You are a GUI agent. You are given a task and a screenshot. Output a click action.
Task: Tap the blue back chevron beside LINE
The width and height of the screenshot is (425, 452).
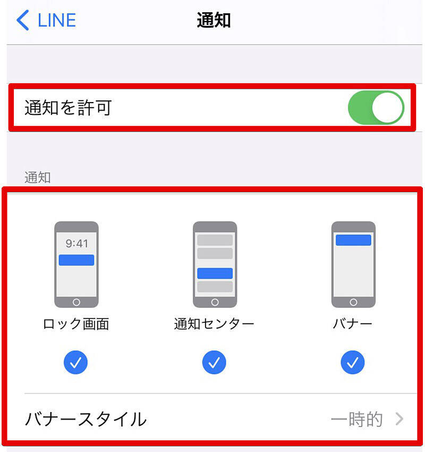click(23, 20)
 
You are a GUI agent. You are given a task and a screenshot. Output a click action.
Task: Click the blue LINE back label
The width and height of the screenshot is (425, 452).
click(57, 20)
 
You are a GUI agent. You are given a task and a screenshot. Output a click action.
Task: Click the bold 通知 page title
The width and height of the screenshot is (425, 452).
click(214, 20)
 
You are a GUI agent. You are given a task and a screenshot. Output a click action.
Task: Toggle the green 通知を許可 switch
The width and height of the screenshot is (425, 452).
click(376, 107)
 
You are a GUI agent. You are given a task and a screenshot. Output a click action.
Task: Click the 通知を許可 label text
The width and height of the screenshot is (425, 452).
click(68, 108)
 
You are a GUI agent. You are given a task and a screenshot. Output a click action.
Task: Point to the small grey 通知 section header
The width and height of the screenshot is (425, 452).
click(37, 177)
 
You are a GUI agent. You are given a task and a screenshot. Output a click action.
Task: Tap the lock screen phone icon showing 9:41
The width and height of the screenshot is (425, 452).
click(76, 264)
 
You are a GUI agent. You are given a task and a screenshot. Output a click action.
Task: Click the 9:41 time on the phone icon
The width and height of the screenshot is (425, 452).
click(76, 244)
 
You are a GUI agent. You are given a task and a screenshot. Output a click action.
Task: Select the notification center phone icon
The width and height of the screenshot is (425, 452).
click(215, 264)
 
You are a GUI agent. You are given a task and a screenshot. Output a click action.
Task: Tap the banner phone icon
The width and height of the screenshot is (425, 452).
click(353, 264)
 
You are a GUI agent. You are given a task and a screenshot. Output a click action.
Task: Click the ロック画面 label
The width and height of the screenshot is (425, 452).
click(76, 324)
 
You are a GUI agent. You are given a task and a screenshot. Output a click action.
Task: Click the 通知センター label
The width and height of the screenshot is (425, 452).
click(214, 324)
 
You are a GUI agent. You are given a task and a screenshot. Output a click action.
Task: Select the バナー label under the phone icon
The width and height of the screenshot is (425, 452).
click(352, 324)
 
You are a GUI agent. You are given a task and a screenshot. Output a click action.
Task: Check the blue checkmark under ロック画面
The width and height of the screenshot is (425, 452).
click(76, 362)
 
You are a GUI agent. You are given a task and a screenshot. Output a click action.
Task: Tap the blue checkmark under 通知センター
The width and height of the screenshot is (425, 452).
click(214, 362)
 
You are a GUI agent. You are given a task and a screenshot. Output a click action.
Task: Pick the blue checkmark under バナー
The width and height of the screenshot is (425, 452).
click(353, 362)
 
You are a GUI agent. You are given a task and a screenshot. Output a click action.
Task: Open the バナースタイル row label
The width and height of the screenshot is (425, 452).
click(86, 419)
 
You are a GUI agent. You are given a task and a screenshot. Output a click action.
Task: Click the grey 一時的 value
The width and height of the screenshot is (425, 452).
click(357, 419)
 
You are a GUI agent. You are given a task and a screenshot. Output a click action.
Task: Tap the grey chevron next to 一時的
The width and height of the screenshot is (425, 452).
click(399, 419)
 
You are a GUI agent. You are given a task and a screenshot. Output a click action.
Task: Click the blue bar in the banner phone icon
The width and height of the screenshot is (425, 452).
click(353, 240)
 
